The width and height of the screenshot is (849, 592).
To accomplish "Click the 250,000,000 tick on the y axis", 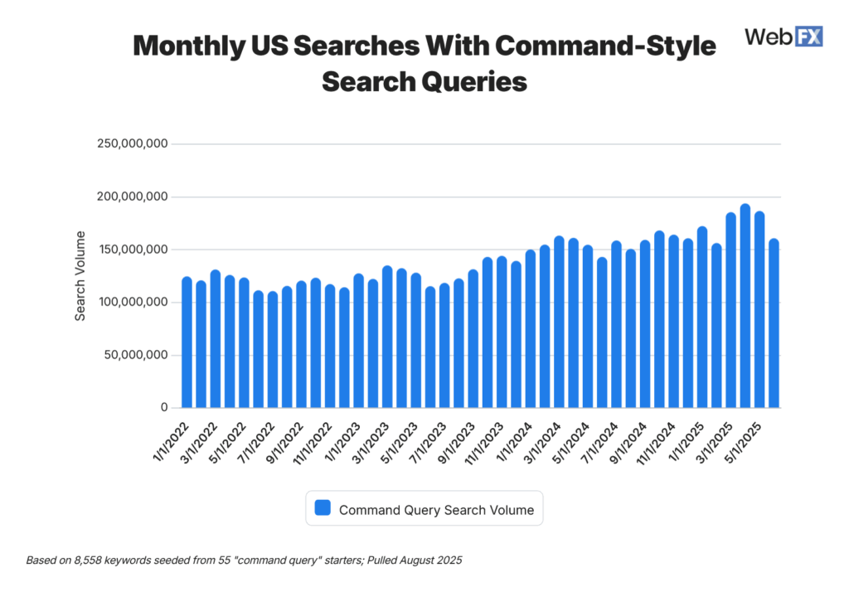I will point(133,144).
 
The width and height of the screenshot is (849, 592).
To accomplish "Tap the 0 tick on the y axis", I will point(164,408).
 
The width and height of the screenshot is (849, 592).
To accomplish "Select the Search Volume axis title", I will point(80,276).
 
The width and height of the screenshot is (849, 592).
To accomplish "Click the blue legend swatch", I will point(323,508).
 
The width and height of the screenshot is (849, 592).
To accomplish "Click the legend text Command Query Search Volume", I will point(436,510).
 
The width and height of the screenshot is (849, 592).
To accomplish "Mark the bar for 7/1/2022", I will point(273,349).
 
